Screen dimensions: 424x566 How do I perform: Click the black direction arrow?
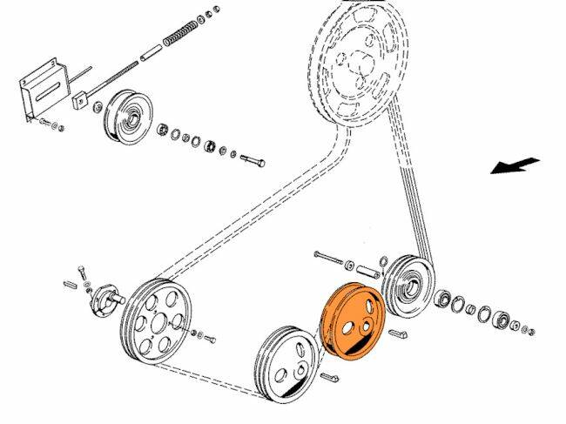pyautogui.click(x=515, y=165)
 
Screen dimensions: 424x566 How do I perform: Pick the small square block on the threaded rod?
pyautogui.click(x=80, y=99)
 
